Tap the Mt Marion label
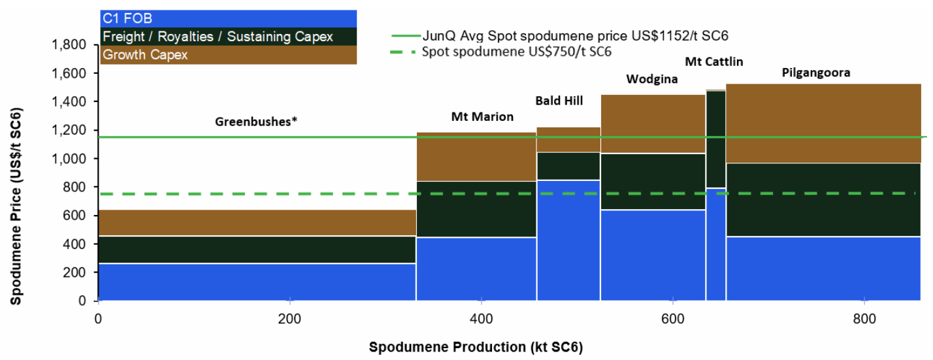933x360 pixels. (482, 117)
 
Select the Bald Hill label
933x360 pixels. (559, 101)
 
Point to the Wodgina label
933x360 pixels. (651, 80)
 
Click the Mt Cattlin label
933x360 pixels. (714, 62)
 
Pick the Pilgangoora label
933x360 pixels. (816, 73)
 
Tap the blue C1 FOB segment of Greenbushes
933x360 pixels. (257, 282)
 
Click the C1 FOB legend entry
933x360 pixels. (127, 19)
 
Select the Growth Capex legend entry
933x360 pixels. (145, 55)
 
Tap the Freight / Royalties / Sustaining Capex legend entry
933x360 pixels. (218, 37)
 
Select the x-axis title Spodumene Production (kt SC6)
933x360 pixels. (476, 346)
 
